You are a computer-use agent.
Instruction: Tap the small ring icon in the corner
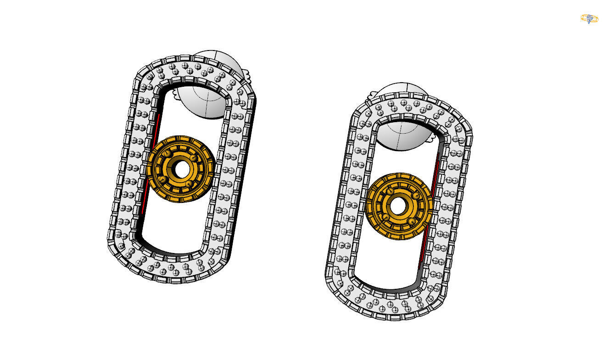click(x=589, y=19)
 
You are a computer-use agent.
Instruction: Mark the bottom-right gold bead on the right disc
click(x=412, y=222)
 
